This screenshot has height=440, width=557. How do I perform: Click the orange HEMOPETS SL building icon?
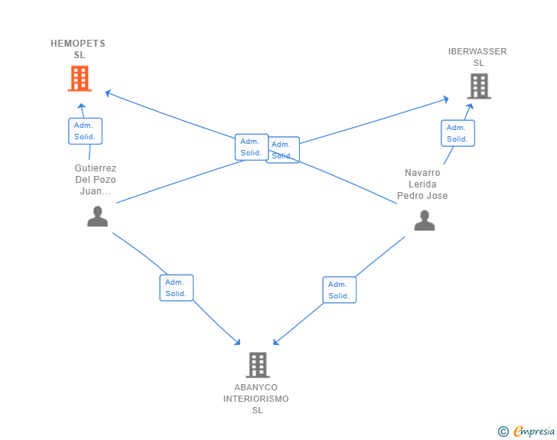click(80, 79)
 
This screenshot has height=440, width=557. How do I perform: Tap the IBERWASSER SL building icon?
click(479, 86)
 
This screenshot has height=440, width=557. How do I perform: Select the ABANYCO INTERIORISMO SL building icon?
click(258, 365)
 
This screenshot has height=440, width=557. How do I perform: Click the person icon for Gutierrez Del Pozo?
click(97, 217)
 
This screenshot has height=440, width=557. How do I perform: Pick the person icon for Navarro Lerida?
click(424, 220)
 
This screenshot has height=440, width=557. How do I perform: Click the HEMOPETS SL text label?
click(78, 49)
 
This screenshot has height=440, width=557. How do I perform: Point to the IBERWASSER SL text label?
click(477, 57)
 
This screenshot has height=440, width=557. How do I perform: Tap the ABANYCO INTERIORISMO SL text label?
click(256, 399)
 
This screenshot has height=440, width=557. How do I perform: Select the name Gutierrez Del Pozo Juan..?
click(95, 180)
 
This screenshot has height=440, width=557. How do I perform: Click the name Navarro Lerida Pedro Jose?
click(422, 184)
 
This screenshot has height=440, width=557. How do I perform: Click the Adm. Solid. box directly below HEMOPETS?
click(85, 131)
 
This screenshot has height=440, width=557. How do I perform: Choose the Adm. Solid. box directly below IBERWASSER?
click(458, 133)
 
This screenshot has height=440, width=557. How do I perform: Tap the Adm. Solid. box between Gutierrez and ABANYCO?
click(176, 288)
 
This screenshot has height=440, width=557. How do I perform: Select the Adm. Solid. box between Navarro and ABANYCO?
click(339, 290)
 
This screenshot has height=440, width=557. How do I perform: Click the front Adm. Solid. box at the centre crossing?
click(252, 147)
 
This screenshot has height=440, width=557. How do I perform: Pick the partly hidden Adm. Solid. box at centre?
click(284, 150)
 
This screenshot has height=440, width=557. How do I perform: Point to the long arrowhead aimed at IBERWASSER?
click(445, 99)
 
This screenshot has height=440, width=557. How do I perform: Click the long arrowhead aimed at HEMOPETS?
click(109, 93)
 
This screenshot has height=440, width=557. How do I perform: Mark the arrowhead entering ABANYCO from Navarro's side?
click(276, 342)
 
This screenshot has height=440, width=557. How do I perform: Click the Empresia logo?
click(526, 432)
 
